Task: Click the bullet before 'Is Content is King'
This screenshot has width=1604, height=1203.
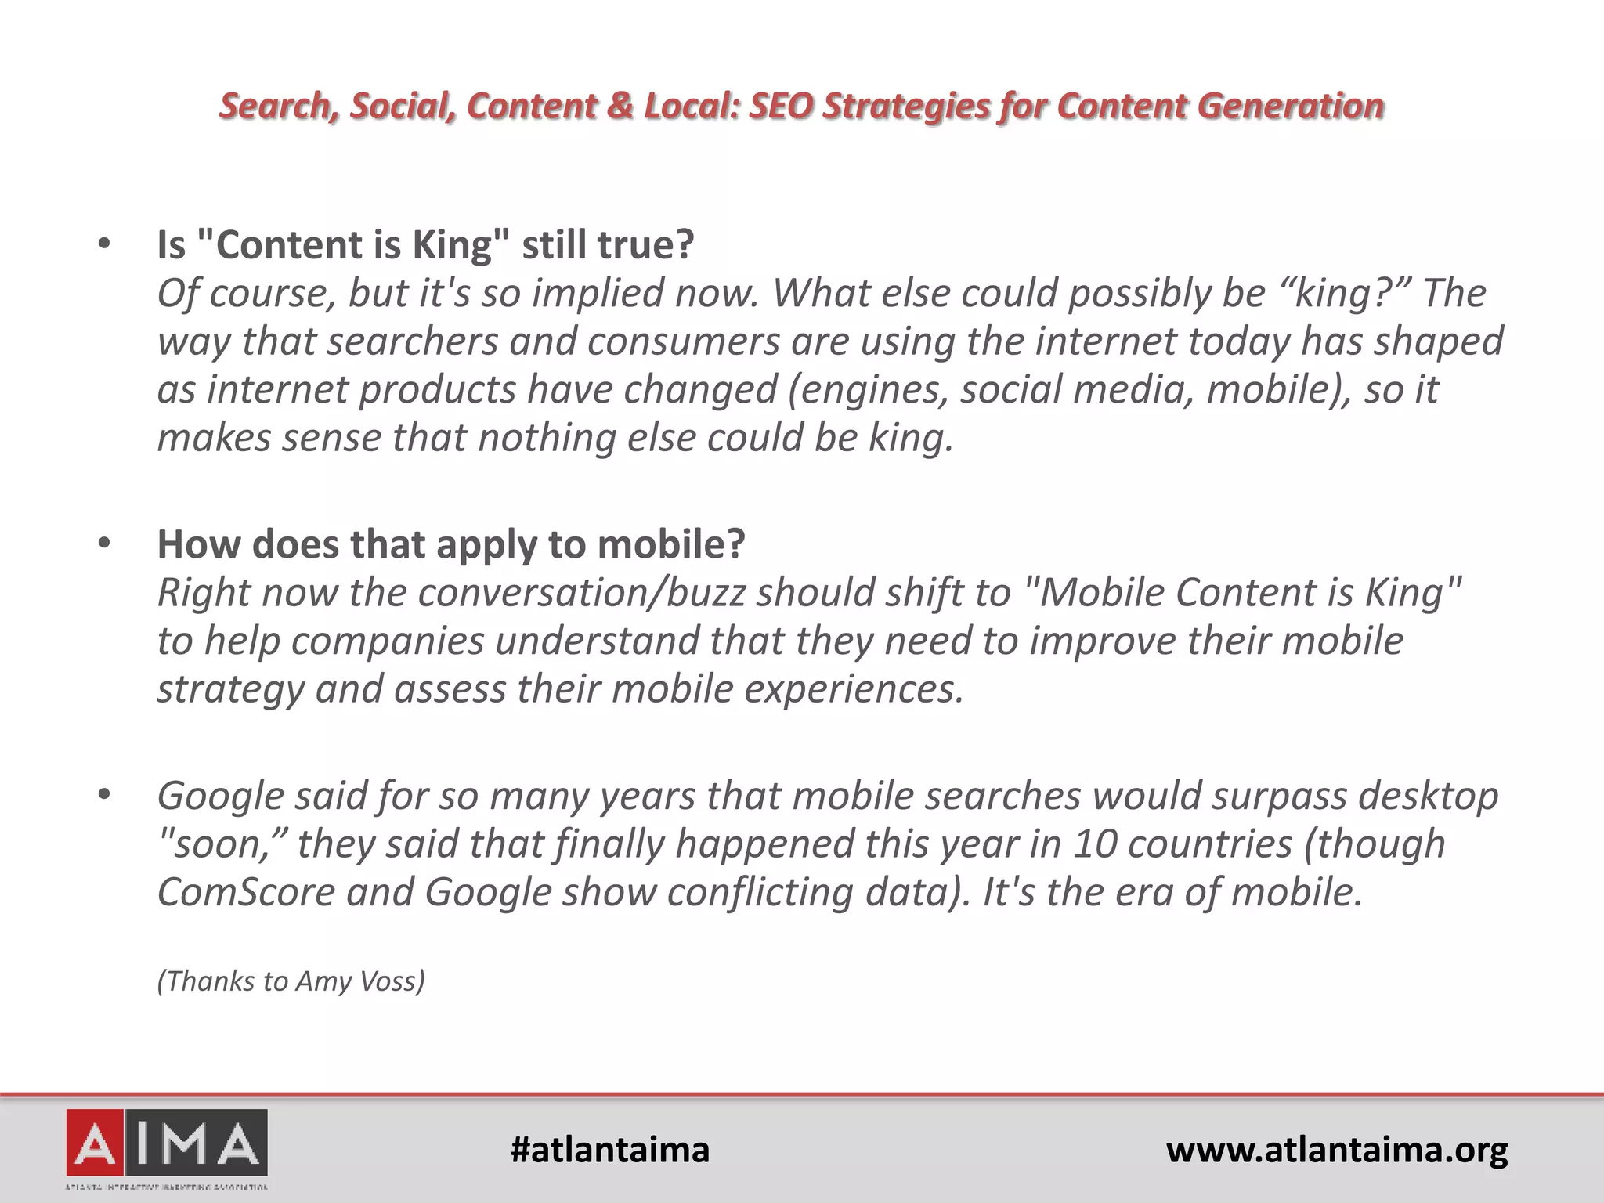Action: (105, 244)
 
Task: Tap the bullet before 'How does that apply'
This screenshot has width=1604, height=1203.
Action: (105, 544)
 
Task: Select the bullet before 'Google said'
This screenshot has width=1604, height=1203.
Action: (105, 796)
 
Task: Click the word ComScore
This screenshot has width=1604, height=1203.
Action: (246, 893)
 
